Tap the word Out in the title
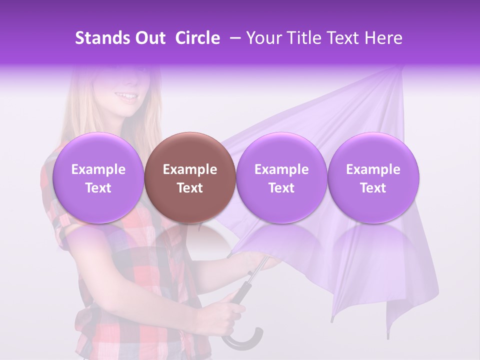click(149, 38)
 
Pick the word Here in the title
click(384, 38)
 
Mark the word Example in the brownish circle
click(190, 169)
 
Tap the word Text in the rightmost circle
click(373, 188)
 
